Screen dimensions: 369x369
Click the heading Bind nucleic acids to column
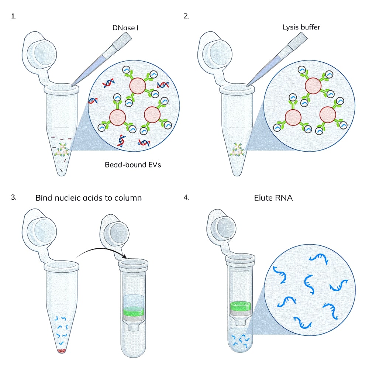click(x=89, y=198)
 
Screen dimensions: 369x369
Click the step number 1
click(x=14, y=17)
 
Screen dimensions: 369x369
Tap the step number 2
click(x=186, y=17)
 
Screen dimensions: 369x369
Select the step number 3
click(x=14, y=197)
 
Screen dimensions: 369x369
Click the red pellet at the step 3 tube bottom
click(x=62, y=350)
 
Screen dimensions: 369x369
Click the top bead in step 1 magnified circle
click(x=138, y=86)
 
